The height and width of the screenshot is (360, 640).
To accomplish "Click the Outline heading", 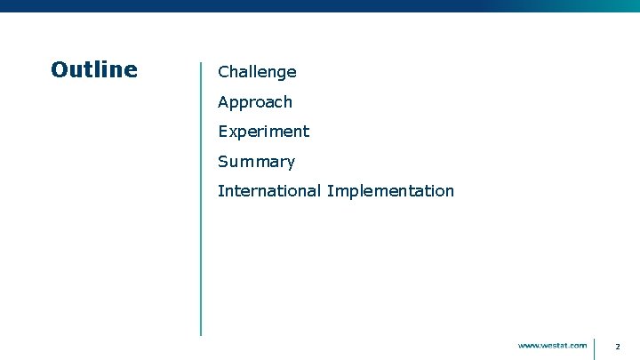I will pyautogui.click(x=94, y=69).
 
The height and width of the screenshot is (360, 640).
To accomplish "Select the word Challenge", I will pyautogui.click(x=257, y=72).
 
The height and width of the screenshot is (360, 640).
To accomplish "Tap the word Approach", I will pyautogui.click(x=255, y=102).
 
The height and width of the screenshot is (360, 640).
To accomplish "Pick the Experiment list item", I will pyautogui.click(x=264, y=132).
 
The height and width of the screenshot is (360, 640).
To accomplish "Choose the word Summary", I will pyautogui.click(x=256, y=162).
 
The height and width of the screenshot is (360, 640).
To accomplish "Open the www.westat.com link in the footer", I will pyautogui.click(x=552, y=345).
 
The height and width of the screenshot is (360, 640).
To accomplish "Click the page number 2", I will pyautogui.click(x=617, y=346).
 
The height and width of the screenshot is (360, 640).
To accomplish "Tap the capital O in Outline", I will pyautogui.click(x=60, y=69).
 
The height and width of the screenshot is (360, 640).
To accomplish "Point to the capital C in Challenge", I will pyautogui.click(x=223, y=72).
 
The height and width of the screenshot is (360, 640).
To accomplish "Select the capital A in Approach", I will pyautogui.click(x=223, y=102).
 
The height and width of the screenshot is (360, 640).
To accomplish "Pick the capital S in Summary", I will pyautogui.click(x=223, y=162).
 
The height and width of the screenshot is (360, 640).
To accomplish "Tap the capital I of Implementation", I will pyautogui.click(x=330, y=191).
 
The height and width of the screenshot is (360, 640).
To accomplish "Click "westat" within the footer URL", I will pyautogui.click(x=556, y=345).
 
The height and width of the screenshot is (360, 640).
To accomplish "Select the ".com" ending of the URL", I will pyautogui.click(x=578, y=345).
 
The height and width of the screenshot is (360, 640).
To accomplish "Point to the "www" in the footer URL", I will pyautogui.click(x=530, y=345).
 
